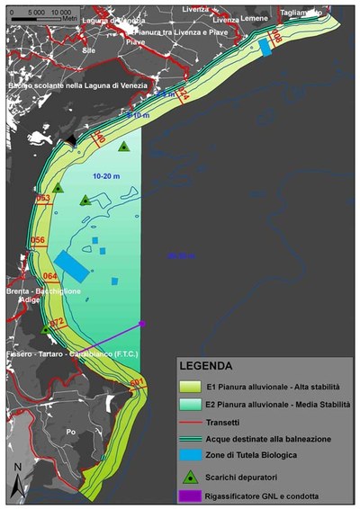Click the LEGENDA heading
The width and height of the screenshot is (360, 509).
[x=207, y=366]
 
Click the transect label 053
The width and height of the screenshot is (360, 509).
[x=42, y=199]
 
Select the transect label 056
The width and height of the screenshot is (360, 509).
[x=38, y=240]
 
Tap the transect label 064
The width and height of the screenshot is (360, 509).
[x=50, y=276]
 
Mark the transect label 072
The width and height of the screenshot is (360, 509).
[x=57, y=322]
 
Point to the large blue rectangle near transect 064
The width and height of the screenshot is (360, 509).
[x=71, y=265]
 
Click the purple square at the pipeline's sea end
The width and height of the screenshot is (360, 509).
[x=142, y=323]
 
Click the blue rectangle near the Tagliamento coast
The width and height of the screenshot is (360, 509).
[x=265, y=46]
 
